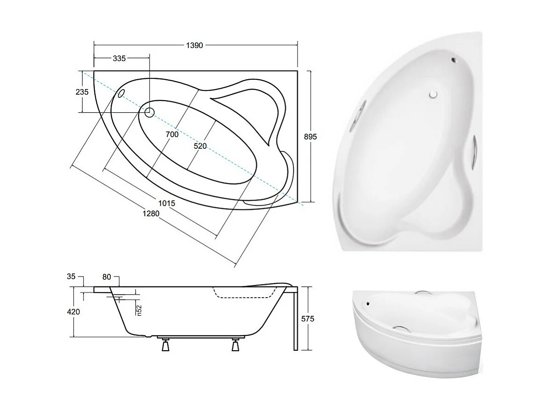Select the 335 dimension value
click(x=119, y=58)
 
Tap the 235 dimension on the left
click(x=82, y=92)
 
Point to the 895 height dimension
click(x=310, y=137)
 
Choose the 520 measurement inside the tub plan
click(x=200, y=146)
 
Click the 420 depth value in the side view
click(x=74, y=312)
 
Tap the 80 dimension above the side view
click(x=107, y=277)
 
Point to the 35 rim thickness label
click(x=71, y=277)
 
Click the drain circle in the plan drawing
click(x=149, y=112)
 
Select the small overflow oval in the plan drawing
click(x=121, y=93)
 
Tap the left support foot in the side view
click(x=166, y=346)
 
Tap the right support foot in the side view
click(x=235, y=346)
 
